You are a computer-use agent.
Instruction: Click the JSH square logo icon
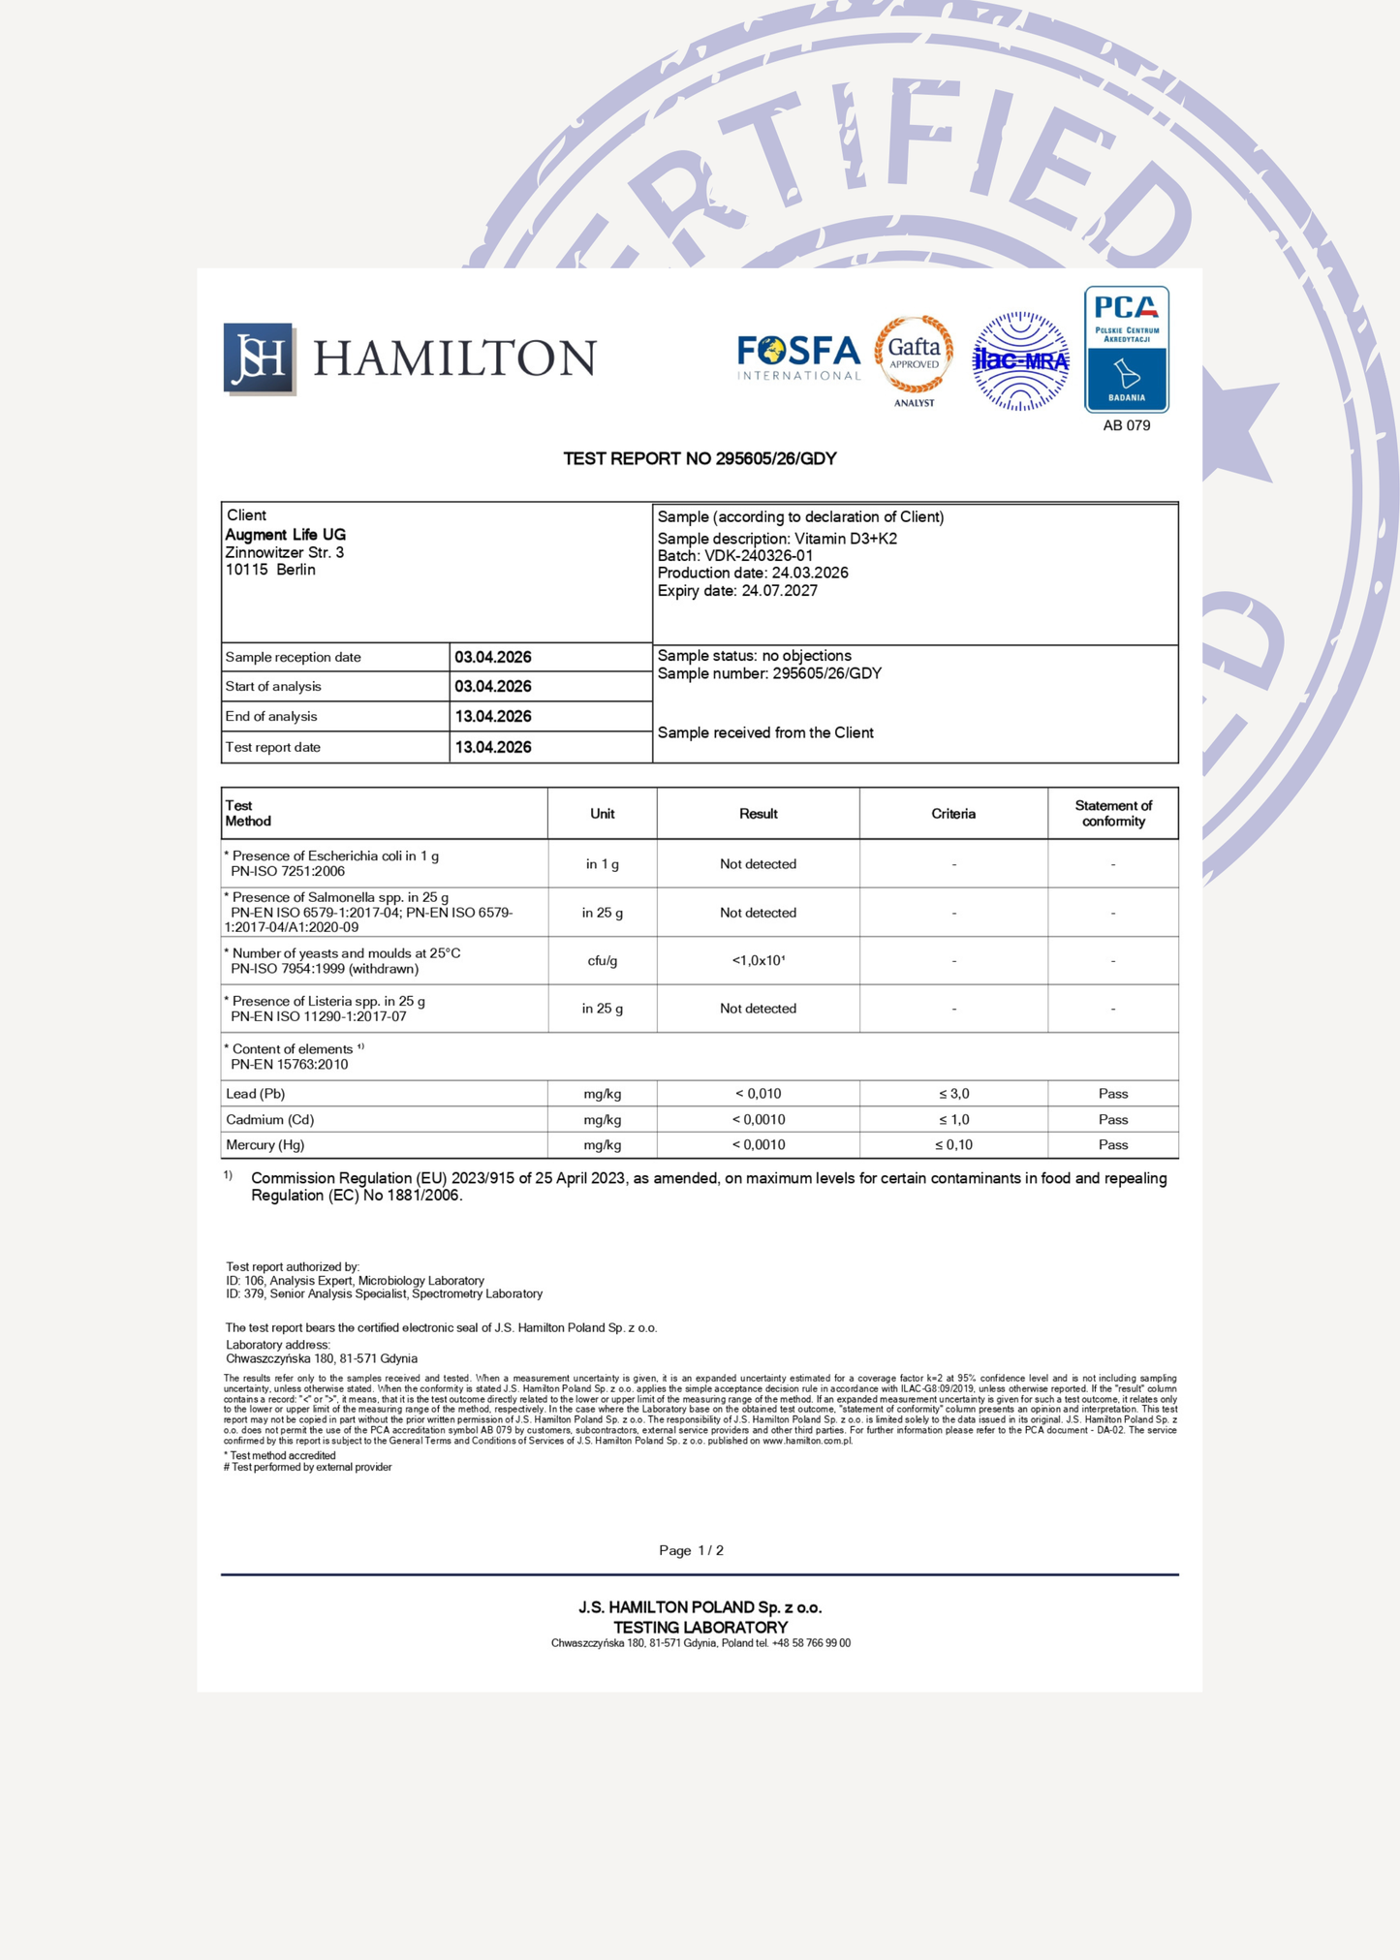coord(259,358)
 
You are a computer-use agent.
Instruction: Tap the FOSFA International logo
coord(798,358)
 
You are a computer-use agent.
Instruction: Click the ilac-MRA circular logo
coord(1020,361)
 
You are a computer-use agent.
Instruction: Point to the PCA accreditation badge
coord(1126,350)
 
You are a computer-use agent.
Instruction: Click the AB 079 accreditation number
coord(1126,425)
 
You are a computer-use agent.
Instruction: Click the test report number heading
coord(700,458)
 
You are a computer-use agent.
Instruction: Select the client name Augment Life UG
coord(286,535)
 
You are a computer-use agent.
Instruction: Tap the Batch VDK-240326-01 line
coord(734,555)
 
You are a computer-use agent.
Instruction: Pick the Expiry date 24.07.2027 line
coord(737,591)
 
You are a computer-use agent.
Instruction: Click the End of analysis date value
coord(493,717)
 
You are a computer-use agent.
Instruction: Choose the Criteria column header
coord(953,814)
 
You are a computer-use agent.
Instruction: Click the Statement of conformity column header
coord(1113,814)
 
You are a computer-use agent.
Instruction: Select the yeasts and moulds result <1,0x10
coord(758,961)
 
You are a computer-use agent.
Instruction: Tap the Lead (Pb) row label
coord(256,1094)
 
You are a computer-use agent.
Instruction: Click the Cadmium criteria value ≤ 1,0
coord(953,1119)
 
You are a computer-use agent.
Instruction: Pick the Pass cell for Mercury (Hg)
coord(1113,1145)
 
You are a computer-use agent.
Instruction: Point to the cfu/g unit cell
coord(602,961)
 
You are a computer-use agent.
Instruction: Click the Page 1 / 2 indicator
coord(691,1550)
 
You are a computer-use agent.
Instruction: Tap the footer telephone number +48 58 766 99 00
coord(812,1643)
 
